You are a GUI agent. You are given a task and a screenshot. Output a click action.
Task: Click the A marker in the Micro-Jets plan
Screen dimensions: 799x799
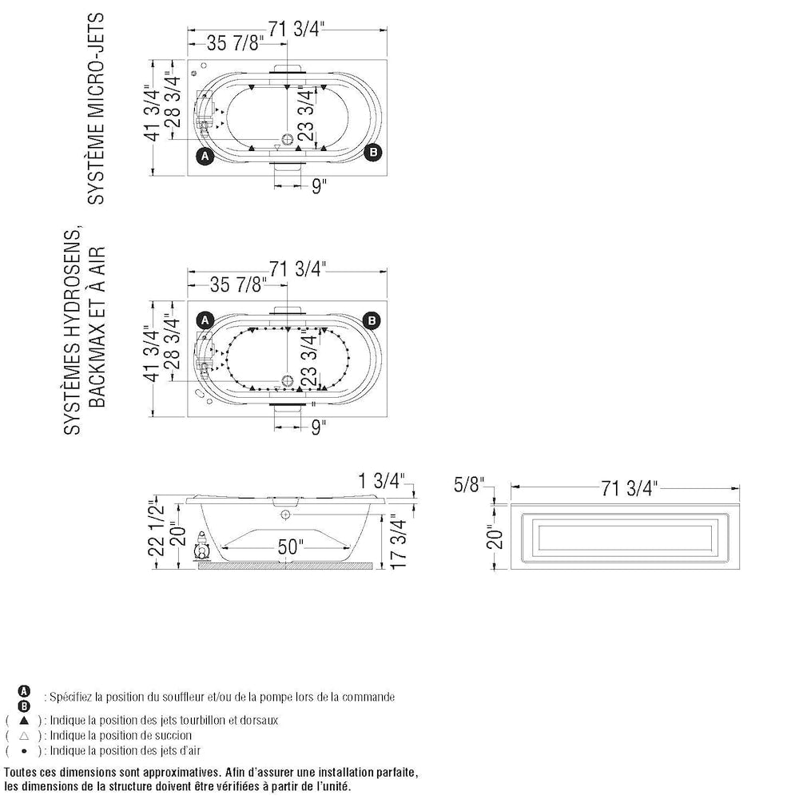pyautogui.click(x=205, y=156)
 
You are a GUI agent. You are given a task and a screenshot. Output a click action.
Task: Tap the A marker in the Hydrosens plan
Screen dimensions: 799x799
pyautogui.click(x=205, y=320)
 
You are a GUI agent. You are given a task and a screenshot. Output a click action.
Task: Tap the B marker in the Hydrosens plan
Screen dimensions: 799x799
pyautogui.click(x=372, y=320)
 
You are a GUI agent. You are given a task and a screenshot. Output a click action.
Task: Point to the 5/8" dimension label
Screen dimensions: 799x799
pyautogui.click(x=471, y=484)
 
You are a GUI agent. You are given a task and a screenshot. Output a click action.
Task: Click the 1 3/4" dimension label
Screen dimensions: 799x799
pyautogui.click(x=381, y=481)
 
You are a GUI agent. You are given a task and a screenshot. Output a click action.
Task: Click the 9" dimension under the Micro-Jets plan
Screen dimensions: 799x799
pyautogui.click(x=319, y=185)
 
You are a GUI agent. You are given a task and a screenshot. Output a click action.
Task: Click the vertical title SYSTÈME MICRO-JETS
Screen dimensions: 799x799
pyautogui.click(x=97, y=108)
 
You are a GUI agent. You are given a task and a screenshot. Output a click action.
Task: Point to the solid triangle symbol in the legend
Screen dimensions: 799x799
pyautogui.click(x=25, y=720)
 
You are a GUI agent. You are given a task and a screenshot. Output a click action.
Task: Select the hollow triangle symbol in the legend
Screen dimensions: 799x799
pyautogui.click(x=25, y=735)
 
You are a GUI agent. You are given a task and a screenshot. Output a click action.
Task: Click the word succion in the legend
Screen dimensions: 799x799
pyautogui.click(x=171, y=735)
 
